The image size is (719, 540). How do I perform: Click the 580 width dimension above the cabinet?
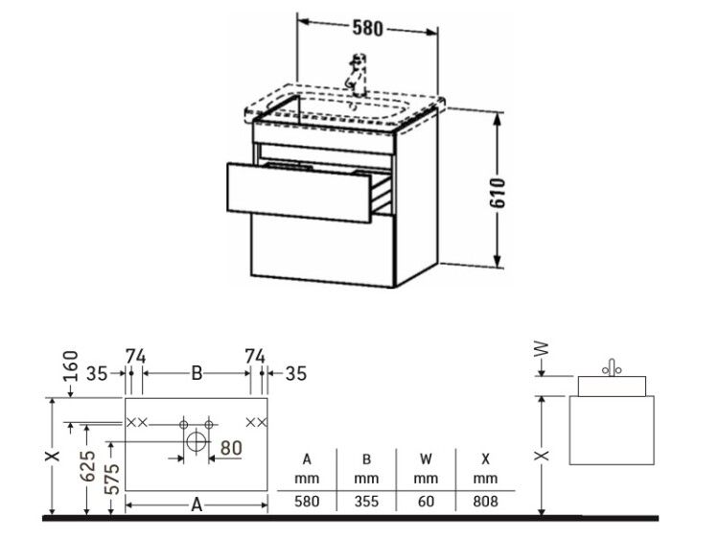coord(367,28)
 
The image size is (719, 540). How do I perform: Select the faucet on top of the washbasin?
coord(358,75)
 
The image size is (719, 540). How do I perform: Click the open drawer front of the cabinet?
coord(299,192)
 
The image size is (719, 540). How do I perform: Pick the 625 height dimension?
coord(87,466)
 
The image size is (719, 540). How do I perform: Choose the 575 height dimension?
coord(112,479)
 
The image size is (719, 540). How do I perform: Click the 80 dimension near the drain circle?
coord(231,448)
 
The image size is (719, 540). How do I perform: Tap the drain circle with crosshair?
coord(197,442)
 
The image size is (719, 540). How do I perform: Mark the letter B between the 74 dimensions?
coord(197,373)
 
